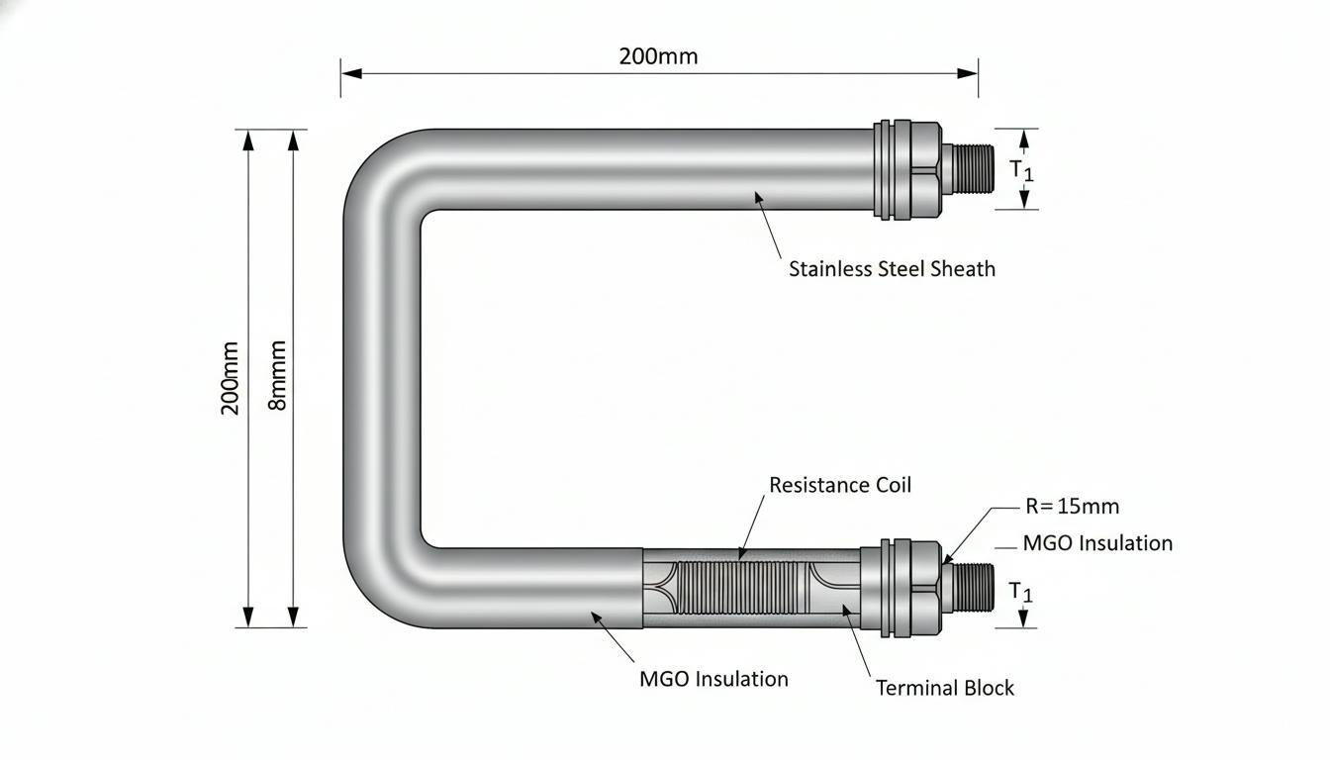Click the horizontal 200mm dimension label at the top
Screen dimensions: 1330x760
click(x=658, y=56)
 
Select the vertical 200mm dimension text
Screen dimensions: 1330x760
click(x=230, y=378)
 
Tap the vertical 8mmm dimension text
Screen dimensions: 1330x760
click(x=277, y=375)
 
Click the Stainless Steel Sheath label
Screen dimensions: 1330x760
click(x=892, y=269)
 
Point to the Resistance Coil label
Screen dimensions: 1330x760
click(x=840, y=485)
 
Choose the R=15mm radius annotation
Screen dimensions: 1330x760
click(x=1073, y=507)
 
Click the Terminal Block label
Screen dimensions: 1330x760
click(x=945, y=688)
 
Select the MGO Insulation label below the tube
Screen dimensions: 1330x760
click(x=713, y=679)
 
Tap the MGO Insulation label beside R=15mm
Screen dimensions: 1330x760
click(x=1097, y=543)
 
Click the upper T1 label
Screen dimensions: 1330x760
click(x=1022, y=170)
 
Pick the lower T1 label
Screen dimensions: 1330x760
click(x=1021, y=592)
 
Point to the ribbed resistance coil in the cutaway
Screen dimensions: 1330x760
click(x=742, y=588)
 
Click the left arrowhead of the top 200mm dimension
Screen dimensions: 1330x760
click(x=351, y=73)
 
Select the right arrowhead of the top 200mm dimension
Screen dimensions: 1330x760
click(x=967, y=73)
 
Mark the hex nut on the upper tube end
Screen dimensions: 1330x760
click(x=925, y=169)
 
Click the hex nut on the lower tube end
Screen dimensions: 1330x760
click(x=925, y=589)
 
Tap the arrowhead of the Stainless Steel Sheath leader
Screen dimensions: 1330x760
click(x=758, y=197)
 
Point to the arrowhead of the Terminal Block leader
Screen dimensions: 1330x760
click(x=847, y=611)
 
